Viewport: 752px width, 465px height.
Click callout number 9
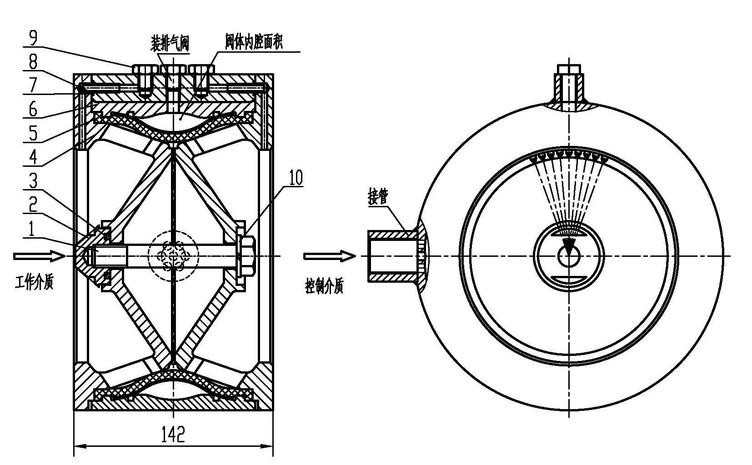[x=33, y=38]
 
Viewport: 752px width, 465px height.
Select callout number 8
[x=33, y=62]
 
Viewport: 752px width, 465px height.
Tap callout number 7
[x=33, y=86]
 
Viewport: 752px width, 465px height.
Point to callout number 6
[x=33, y=109]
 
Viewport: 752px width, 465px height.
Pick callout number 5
[x=33, y=133]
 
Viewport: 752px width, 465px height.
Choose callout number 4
[x=33, y=157]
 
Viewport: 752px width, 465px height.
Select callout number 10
[x=296, y=178]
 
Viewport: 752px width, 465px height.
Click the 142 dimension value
[x=173, y=435]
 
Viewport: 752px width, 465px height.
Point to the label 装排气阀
[x=170, y=44]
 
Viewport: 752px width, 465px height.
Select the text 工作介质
[x=34, y=283]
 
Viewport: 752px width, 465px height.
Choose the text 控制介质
[x=324, y=287]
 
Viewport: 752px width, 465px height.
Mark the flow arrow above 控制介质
[x=330, y=257]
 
